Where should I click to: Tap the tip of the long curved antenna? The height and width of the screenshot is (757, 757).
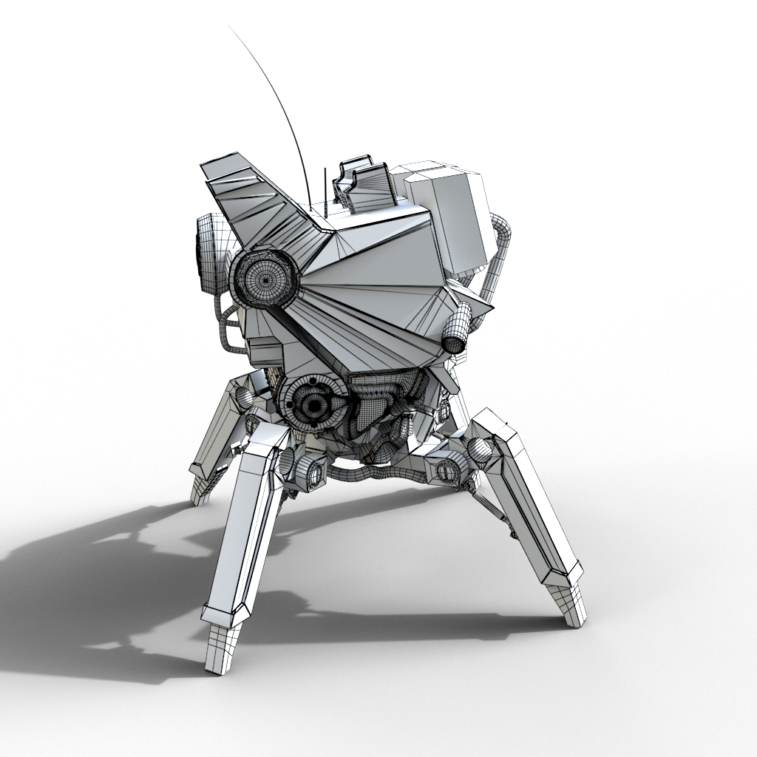(230, 27)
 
